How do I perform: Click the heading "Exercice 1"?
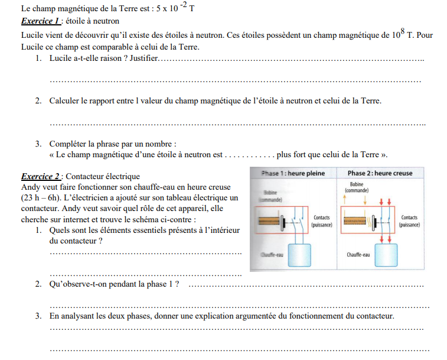click(x=40, y=21)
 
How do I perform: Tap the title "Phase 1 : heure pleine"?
click(x=293, y=173)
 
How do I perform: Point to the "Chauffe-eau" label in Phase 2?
click(x=358, y=255)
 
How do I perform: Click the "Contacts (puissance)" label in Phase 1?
click(x=322, y=221)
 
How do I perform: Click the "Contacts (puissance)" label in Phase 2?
click(x=409, y=221)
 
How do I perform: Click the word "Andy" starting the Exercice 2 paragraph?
click(x=30, y=187)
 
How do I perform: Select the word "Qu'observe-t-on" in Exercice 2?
click(x=79, y=284)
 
